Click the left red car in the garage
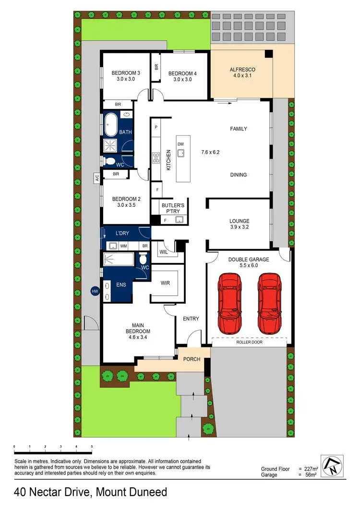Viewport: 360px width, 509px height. [x=228, y=304]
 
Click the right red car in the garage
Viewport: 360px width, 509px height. [x=268, y=304]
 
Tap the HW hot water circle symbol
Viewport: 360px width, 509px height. [x=95, y=291]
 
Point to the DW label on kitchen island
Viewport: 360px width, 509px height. [x=180, y=144]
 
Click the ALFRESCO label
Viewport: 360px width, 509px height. [x=242, y=70]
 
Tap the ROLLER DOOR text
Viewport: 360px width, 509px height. [x=249, y=343]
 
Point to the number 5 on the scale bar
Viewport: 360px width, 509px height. [x=91, y=447]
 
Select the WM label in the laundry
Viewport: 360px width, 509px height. [x=123, y=246]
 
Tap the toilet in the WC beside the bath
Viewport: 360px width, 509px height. [x=110, y=161]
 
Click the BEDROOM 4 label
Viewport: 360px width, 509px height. [x=182, y=73]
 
